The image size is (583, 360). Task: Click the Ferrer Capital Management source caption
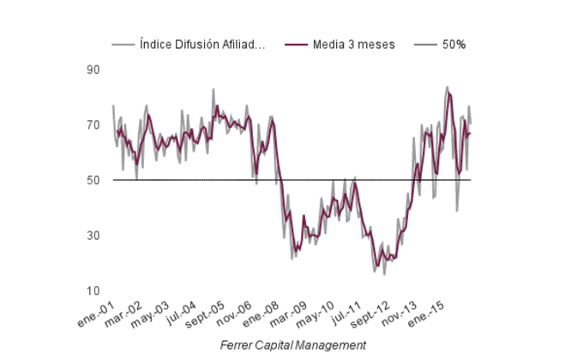[x=292, y=345]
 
